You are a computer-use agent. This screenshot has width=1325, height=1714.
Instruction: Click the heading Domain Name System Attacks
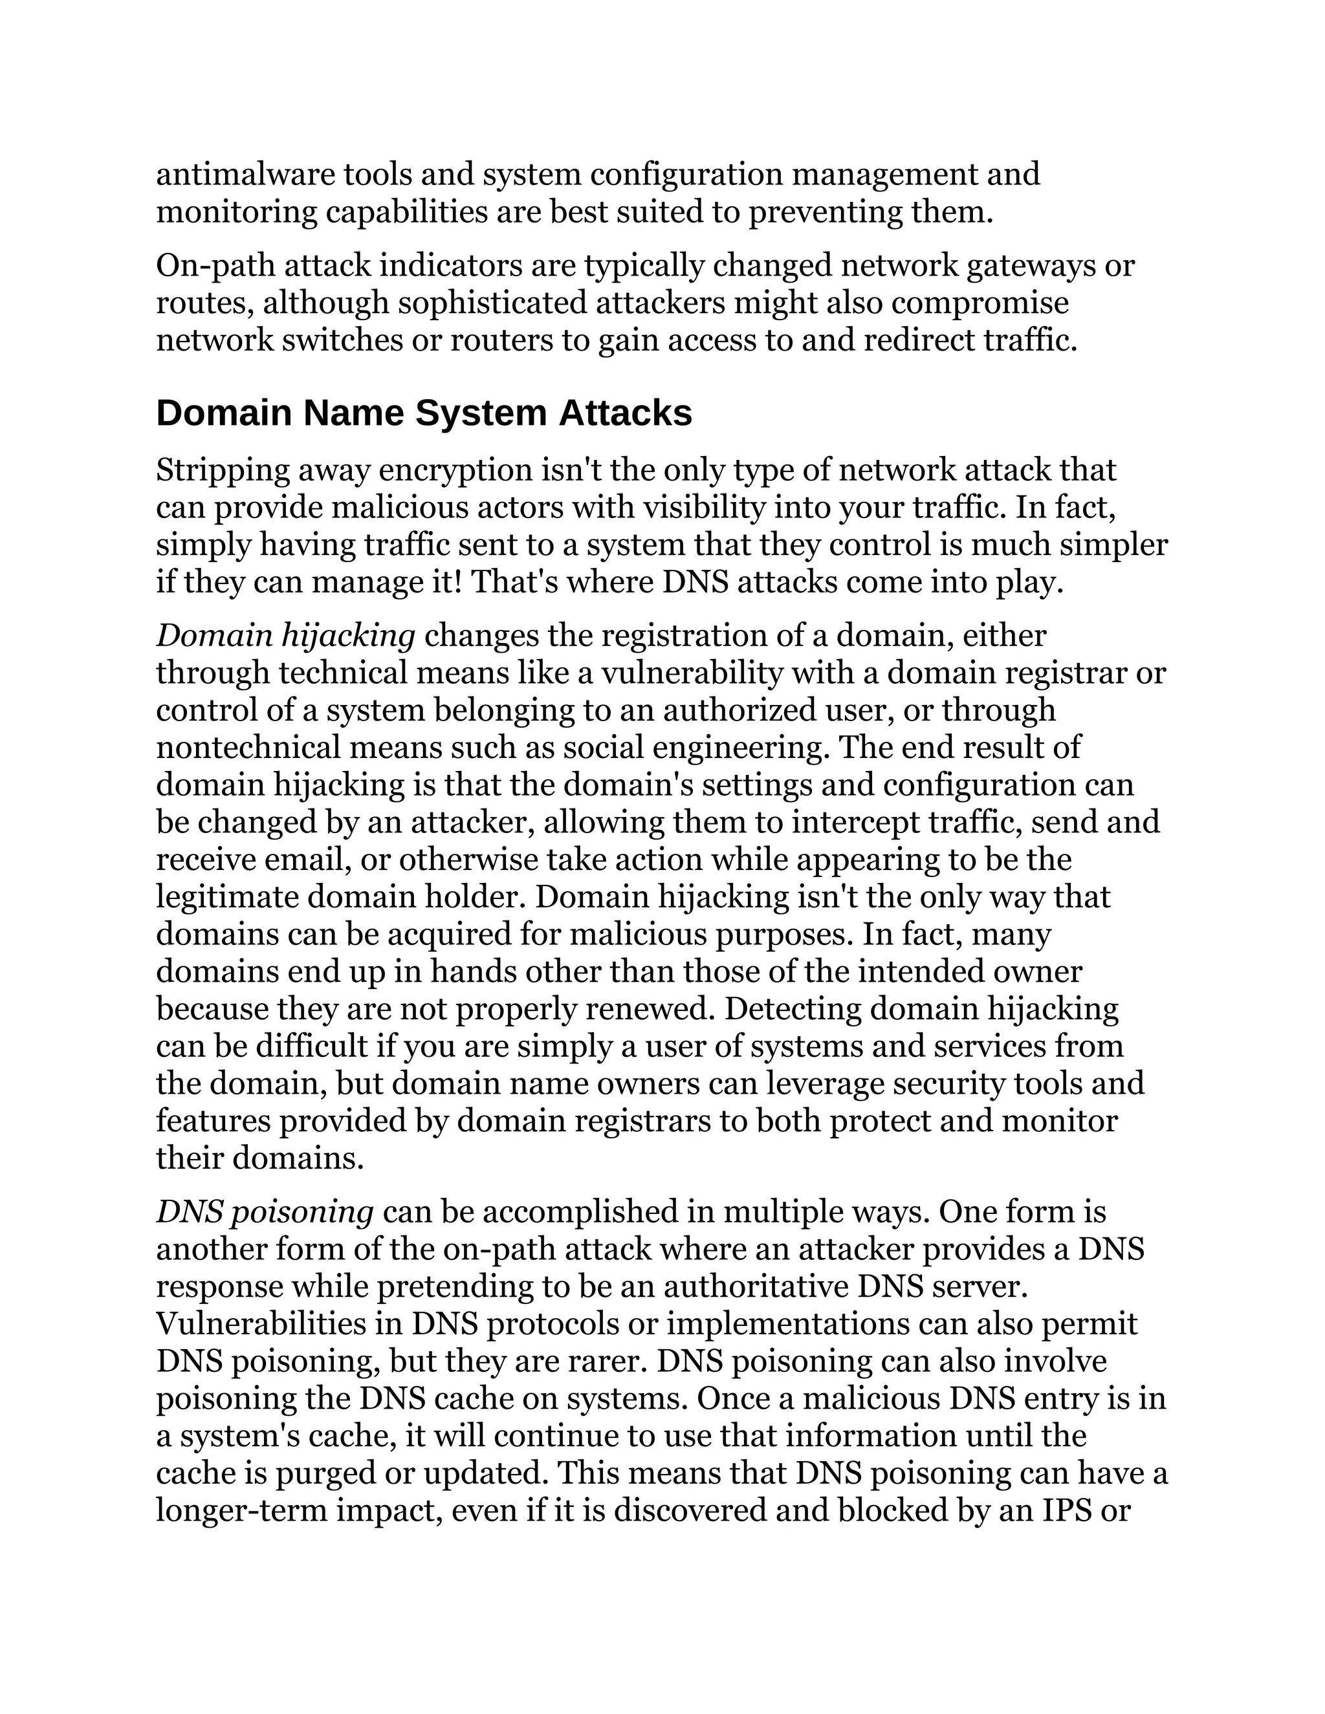424,413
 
